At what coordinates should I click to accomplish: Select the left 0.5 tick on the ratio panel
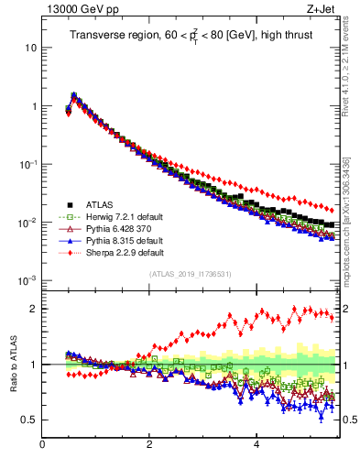[x=28, y=420]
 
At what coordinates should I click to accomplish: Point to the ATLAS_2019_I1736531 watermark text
[x=189, y=273]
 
